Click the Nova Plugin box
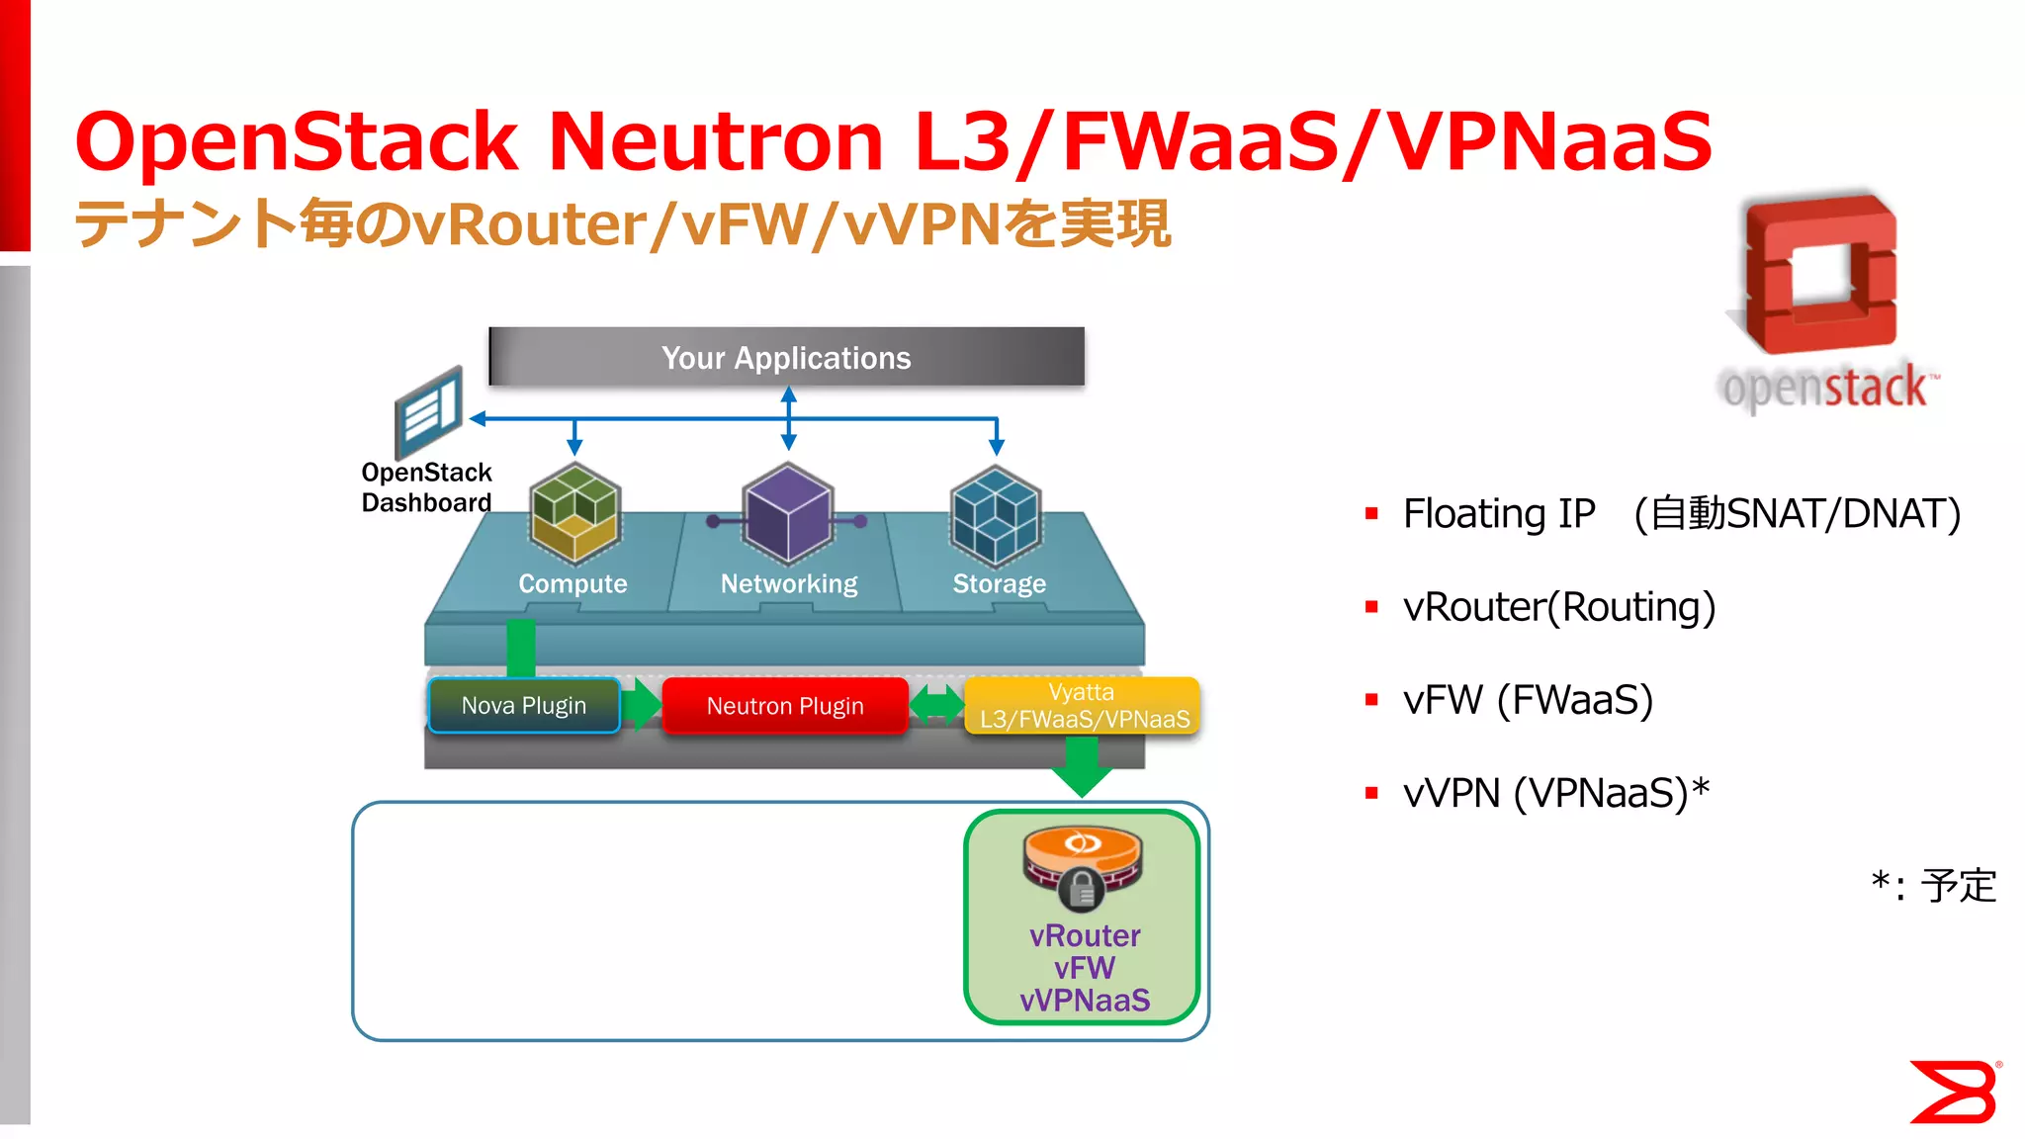tap(524, 705)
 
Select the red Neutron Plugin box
tap(785, 705)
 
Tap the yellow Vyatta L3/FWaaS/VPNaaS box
tap(1083, 705)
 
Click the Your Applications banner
tap(786, 357)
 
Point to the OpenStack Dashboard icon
tap(428, 411)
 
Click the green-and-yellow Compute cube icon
tap(574, 512)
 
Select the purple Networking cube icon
tap(788, 512)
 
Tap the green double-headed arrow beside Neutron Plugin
tap(935, 705)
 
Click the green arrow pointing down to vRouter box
tap(1082, 766)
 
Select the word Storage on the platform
tap(999, 583)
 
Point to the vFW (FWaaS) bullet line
tap(1528, 700)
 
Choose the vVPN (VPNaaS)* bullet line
tap(1555, 793)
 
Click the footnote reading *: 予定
tap(1933, 885)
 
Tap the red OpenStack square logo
tap(1821, 275)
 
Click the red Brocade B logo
tap(1953, 1092)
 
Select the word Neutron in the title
tap(715, 141)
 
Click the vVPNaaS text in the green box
tap(1085, 1000)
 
